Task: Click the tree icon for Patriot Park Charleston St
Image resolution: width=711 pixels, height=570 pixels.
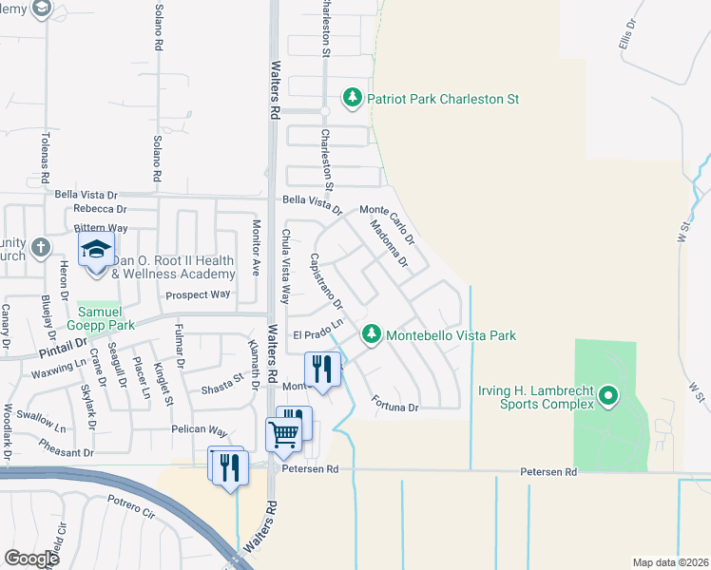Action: pyautogui.click(x=353, y=98)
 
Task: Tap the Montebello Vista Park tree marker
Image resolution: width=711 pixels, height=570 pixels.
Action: pyautogui.click(x=372, y=334)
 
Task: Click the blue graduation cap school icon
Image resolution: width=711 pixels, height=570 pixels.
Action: pyautogui.click(x=96, y=252)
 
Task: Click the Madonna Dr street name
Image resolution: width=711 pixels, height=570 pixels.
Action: pyautogui.click(x=389, y=243)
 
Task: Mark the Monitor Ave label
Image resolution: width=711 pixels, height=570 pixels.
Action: pyautogui.click(x=255, y=248)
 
